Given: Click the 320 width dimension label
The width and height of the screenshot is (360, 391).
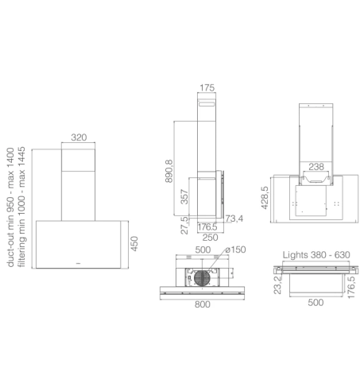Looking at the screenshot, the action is [x=79, y=137].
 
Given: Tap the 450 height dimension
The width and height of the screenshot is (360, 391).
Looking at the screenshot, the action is [x=134, y=244].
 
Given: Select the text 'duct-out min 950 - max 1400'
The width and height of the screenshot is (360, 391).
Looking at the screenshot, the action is [x=10, y=207].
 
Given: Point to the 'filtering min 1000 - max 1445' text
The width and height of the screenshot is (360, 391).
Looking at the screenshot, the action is [x=21, y=207].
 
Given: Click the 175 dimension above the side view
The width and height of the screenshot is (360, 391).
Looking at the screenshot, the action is [x=207, y=87].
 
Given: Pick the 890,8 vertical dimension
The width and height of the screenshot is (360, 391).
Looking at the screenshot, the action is [x=168, y=171].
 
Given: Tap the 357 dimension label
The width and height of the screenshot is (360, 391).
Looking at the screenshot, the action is [x=184, y=196].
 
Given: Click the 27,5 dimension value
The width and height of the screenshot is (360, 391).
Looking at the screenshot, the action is [x=184, y=226].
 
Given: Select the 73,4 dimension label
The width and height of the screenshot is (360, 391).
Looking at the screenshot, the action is [x=234, y=219].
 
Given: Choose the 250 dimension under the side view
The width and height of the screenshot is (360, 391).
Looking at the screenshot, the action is [x=210, y=238].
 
